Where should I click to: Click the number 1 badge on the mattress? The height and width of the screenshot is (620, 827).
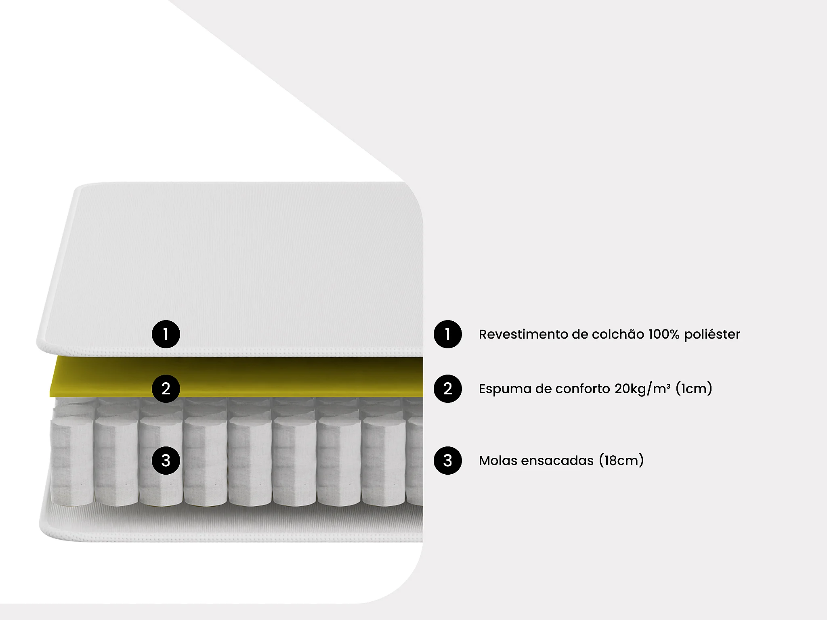pyautogui.click(x=166, y=334)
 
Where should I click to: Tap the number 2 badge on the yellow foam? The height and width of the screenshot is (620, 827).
pyautogui.click(x=166, y=389)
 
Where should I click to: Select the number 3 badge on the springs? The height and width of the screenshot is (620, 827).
pyautogui.click(x=166, y=461)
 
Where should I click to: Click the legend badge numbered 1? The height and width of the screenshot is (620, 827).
pyautogui.click(x=447, y=334)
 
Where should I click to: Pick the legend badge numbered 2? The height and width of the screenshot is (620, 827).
pyautogui.click(x=447, y=389)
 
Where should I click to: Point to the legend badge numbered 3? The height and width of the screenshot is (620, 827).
pyautogui.click(x=447, y=461)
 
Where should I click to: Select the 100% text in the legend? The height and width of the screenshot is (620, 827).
pyautogui.click(x=664, y=334)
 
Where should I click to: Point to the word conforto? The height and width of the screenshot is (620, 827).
pyautogui.click(x=582, y=389)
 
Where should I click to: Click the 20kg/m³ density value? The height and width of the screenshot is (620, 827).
pyautogui.click(x=642, y=389)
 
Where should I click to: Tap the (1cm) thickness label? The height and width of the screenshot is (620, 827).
pyautogui.click(x=694, y=389)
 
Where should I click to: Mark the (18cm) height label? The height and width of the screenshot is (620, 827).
pyautogui.click(x=621, y=461)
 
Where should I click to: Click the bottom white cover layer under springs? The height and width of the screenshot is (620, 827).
pyautogui.click(x=242, y=523)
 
